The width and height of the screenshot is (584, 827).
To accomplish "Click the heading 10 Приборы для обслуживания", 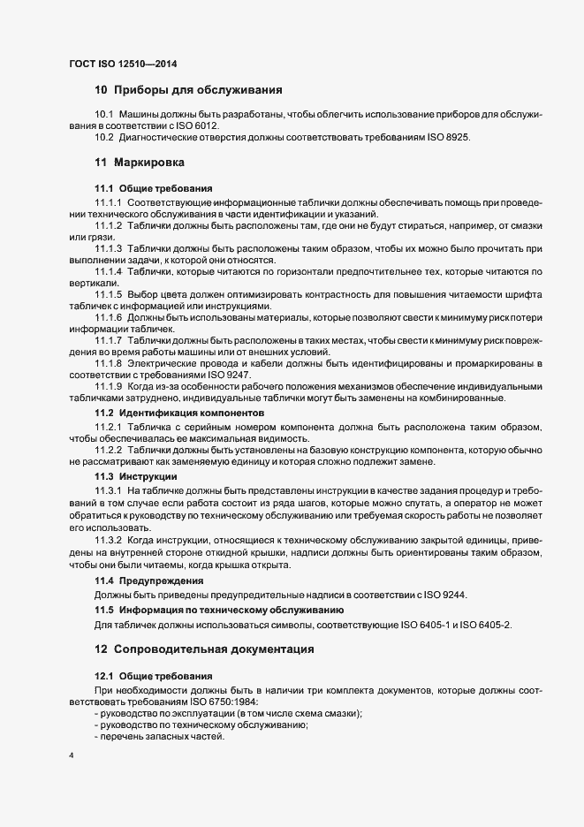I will click(188, 90).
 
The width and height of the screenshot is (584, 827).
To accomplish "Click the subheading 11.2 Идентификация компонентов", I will click(178, 413).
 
